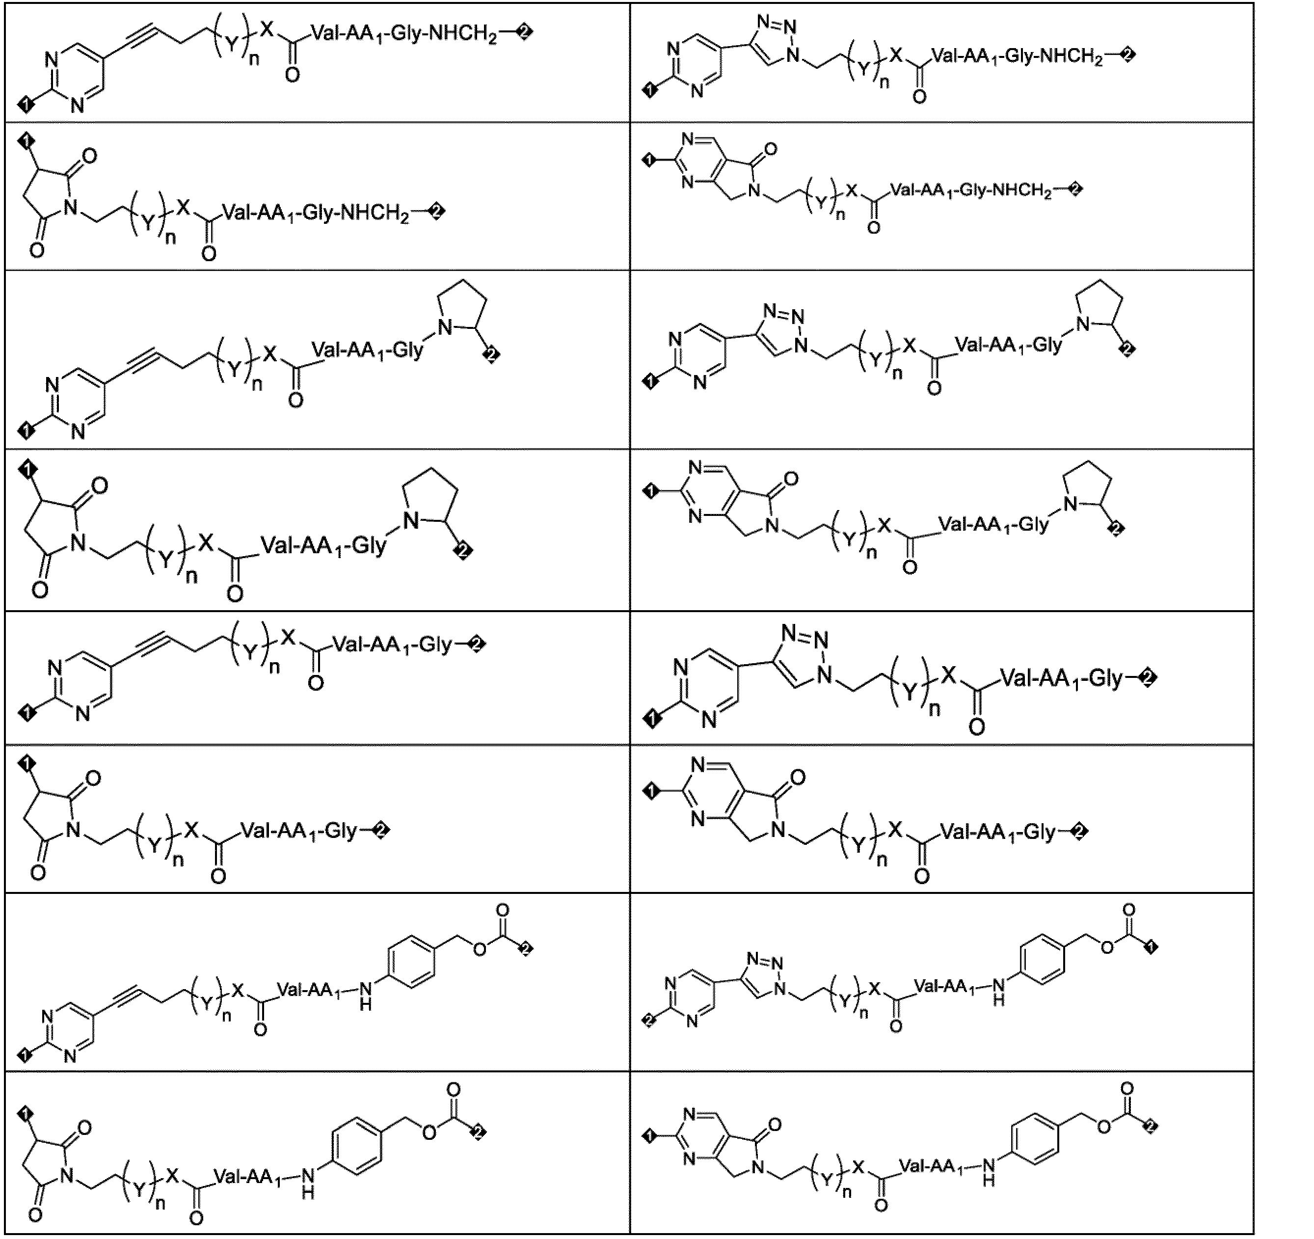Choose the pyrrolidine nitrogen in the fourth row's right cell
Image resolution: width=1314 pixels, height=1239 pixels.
[1071, 505]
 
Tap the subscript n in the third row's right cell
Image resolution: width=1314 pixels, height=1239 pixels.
[897, 374]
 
